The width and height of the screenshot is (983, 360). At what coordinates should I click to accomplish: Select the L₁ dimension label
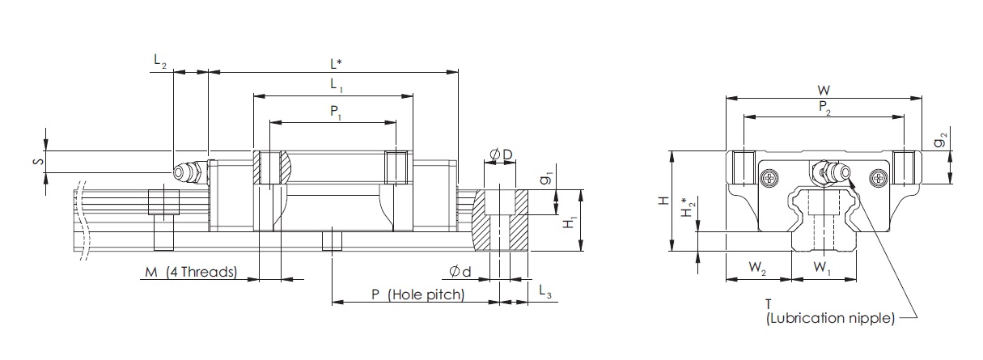(x=335, y=84)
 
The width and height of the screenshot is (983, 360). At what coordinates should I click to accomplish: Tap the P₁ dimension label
(x=335, y=112)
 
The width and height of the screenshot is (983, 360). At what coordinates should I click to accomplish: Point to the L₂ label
(x=159, y=62)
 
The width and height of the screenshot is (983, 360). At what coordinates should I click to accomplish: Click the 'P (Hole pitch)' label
(x=417, y=294)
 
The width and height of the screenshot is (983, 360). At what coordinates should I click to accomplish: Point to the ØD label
(x=500, y=154)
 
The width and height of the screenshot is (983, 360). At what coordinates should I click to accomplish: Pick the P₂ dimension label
(x=824, y=108)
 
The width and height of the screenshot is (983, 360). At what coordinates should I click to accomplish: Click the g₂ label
(x=939, y=142)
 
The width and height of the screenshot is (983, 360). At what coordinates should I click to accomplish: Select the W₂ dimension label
(x=757, y=265)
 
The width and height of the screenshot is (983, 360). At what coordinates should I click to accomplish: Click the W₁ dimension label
(x=820, y=265)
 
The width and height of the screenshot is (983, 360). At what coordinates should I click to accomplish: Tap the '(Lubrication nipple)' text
(x=829, y=318)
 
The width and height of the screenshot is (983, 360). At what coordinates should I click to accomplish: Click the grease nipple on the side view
(x=187, y=172)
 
